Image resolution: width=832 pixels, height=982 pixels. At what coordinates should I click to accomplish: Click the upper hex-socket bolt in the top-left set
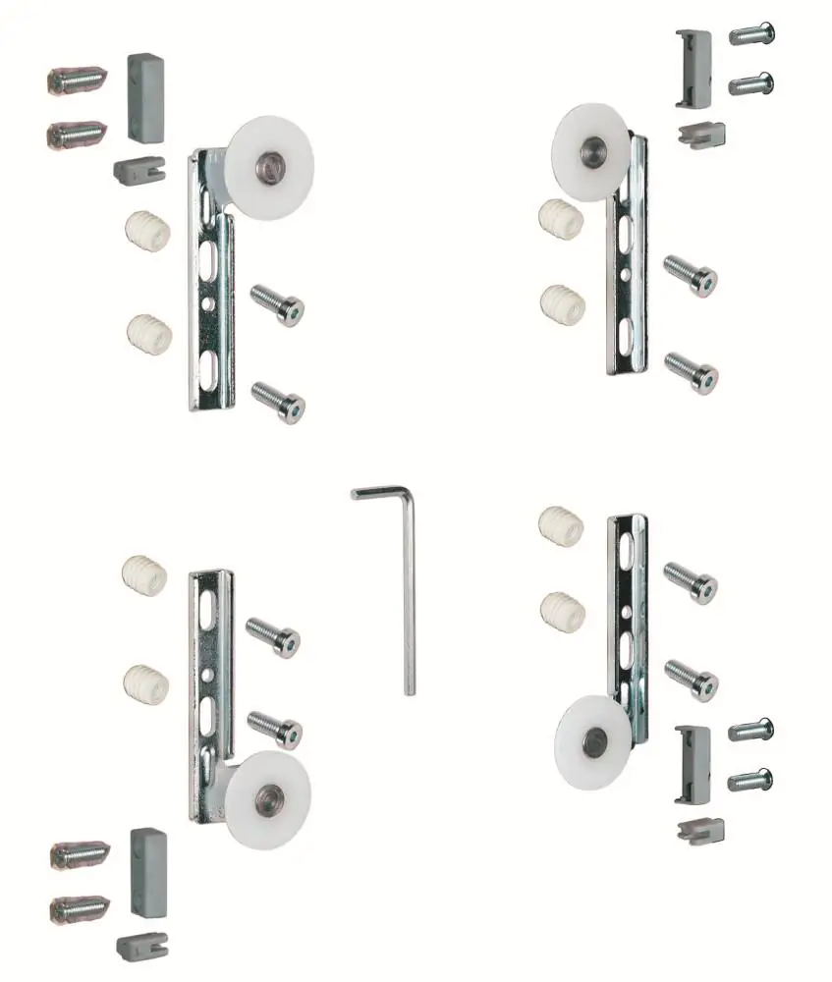point(278,303)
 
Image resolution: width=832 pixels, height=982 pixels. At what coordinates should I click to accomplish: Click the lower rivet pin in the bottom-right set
point(750,781)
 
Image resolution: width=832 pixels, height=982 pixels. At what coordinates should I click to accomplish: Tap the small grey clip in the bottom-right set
point(700,830)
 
